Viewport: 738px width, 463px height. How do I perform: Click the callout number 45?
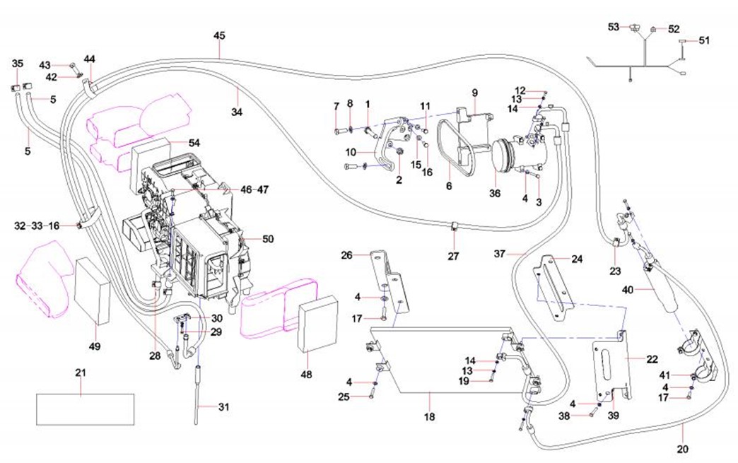tap(219, 35)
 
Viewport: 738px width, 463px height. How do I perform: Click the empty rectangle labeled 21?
tap(85, 409)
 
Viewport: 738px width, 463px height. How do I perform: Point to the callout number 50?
tap(267, 239)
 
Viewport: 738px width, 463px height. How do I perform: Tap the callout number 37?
tap(500, 254)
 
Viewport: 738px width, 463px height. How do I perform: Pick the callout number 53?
tap(614, 27)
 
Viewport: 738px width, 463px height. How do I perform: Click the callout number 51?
tap(704, 40)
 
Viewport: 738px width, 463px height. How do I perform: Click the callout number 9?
tap(474, 92)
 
